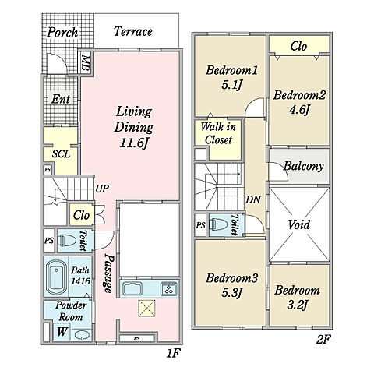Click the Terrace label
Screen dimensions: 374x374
click(133, 32)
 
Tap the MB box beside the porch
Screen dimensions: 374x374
click(86, 63)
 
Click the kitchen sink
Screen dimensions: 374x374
click(132, 288)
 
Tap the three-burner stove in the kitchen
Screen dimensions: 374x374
click(169, 288)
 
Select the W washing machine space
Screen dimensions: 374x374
click(62, 332)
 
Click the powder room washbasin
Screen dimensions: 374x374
click(82, 335)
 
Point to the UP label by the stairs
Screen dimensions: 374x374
click(102, 189)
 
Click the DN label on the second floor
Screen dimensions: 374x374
click(253, 199)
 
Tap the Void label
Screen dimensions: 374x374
click(299, 224)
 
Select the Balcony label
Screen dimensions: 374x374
click(303, 166)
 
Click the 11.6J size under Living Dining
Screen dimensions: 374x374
click(134, 143)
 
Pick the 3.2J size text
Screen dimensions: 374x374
click(298, 305)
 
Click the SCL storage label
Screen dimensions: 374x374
click(61, 154)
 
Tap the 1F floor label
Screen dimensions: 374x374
click(173, 354)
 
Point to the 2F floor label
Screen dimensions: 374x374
click(323, 339)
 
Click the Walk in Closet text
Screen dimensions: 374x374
click(218, 133)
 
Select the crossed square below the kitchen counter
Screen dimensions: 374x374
click(146, 309)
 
